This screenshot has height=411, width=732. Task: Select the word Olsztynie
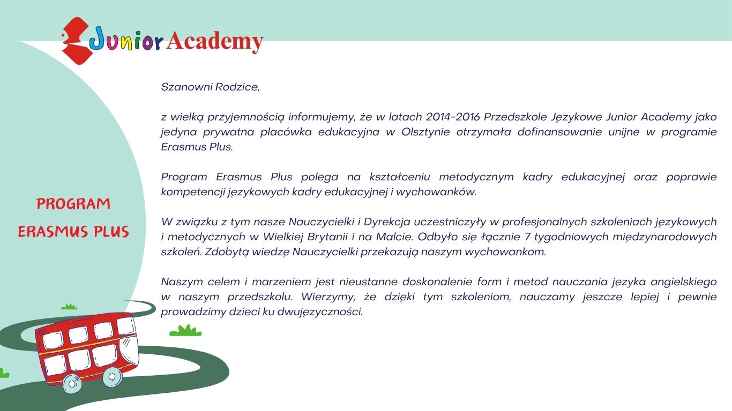(425, 132)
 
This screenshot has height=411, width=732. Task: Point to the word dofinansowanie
(559, 132)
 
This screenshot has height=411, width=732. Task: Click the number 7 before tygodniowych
(527, 237)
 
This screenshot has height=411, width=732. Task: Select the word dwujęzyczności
(320, 312)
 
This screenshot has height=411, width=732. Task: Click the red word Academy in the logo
(215, 41)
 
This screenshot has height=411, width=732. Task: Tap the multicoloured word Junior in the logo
(126, 40)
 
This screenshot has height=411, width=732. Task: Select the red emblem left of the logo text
(76, 41)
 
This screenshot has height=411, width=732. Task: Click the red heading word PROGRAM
(73, 204)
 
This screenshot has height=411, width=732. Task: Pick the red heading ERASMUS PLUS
(73, 231)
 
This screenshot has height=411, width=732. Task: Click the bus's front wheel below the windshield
(113, 377)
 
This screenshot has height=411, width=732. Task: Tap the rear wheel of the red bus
(72, 384)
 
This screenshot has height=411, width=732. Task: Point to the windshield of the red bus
(129, 351)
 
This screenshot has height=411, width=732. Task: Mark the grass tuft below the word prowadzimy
(185, 331)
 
